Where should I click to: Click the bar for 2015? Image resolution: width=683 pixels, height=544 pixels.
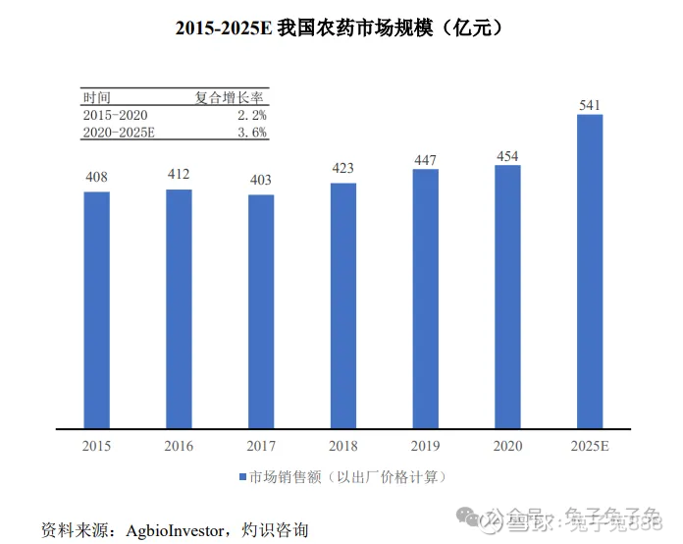coord(96,310)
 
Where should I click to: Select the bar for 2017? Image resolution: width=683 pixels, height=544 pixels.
coord(261,311)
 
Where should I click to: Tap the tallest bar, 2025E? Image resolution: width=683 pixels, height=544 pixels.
coord(590,272)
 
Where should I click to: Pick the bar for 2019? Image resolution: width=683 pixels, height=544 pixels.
coord(425,299)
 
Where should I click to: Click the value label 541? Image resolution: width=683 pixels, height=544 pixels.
coord(590,104)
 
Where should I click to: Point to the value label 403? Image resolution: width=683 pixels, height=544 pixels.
coord(261,181)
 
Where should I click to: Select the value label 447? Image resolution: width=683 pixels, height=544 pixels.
coord(425,159)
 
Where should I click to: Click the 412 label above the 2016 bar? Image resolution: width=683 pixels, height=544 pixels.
coord(179,175)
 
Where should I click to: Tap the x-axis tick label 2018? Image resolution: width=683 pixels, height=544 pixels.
coord(342,447)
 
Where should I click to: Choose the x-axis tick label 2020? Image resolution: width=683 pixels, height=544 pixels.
coord(507,447)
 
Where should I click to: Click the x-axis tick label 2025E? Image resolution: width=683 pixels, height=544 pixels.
coord(590,447)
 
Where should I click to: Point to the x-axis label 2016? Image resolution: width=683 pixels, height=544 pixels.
coord(179,447)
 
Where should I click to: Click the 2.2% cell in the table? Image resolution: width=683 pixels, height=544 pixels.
coord(252,115)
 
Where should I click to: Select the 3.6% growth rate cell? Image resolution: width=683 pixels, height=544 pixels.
coord(252,133)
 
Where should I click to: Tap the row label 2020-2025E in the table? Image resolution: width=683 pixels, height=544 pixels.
coord(120,133)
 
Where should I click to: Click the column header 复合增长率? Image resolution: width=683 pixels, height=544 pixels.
coord(233,97)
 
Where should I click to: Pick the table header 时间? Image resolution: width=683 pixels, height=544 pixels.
coord(97,97)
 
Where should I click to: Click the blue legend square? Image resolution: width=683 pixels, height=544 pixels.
coord(242,477)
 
